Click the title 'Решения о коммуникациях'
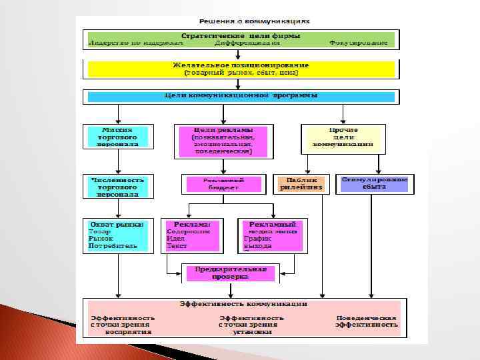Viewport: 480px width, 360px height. coord(242,21)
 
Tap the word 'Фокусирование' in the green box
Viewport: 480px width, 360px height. coord(358,43)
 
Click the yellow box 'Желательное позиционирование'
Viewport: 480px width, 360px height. coord(241,69)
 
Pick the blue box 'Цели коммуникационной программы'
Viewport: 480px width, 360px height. coord(241,96)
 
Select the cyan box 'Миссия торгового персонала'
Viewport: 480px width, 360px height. coord(117,136)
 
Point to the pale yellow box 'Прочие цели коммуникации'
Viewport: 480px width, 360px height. coord(343,136)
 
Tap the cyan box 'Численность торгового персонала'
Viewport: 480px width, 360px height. coord(117,187)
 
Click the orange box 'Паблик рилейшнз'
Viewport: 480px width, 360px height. coord(301,184)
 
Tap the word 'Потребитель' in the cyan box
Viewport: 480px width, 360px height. coord(113,246)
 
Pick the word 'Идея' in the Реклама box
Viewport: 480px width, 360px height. coord(176,239)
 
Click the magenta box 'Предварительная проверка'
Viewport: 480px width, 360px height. coord(227,273)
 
